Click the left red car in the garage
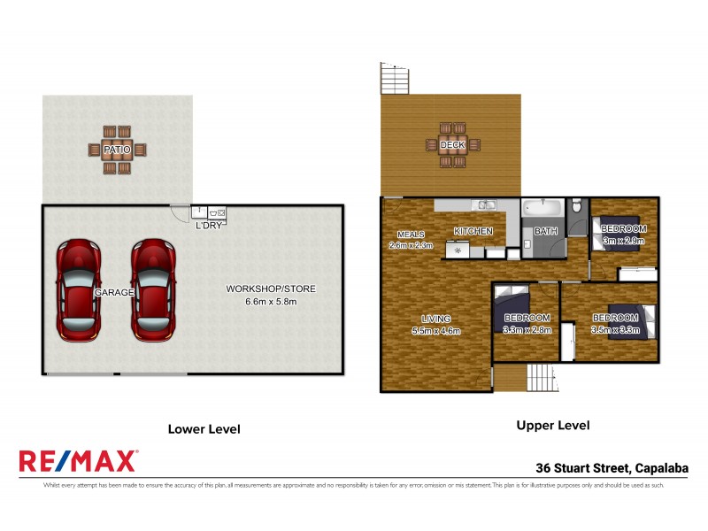point(78,289)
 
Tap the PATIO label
point(117,150)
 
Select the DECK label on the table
point(452,144)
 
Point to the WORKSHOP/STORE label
point(270,289)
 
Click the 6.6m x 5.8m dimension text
point(270,302)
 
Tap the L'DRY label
point(209,225)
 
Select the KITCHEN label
point(473,231)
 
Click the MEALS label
point(411,234)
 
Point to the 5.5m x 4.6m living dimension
point(437,331)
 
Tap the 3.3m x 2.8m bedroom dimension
point(527,329)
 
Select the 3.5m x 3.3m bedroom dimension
point(615,329)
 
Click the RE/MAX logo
point(78,460)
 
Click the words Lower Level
point(204,429)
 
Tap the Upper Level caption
point(552,426)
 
